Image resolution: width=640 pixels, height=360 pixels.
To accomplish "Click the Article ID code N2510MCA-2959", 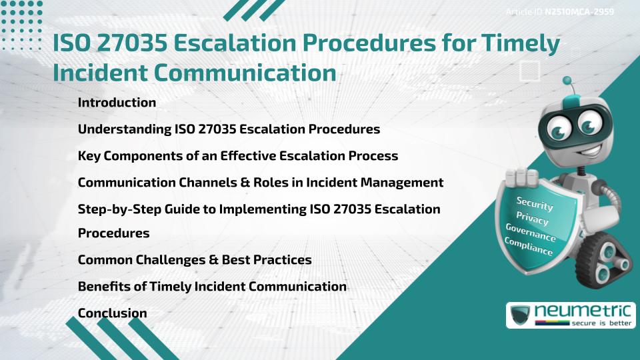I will tap(579, 12).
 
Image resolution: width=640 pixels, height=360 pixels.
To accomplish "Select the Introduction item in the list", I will tap(117, 103).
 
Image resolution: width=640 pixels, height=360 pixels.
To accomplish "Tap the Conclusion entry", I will tap(112, 313).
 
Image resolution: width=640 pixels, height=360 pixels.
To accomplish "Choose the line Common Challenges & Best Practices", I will tap(195, 259).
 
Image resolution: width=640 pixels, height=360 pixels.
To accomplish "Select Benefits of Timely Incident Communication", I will tap(212, 286).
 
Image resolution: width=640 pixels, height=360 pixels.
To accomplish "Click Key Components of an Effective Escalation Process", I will tap(238, 155).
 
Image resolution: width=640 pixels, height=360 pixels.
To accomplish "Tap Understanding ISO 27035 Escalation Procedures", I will tap(229, 129).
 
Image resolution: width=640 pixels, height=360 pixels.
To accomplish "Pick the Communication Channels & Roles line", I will tap(261, 182).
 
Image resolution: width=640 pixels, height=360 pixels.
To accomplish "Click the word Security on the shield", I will tap(535, 204).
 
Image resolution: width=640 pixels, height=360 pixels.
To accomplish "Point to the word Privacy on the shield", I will tap(531, 219).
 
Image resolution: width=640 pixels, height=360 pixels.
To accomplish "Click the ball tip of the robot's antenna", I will tap(567, 81).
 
